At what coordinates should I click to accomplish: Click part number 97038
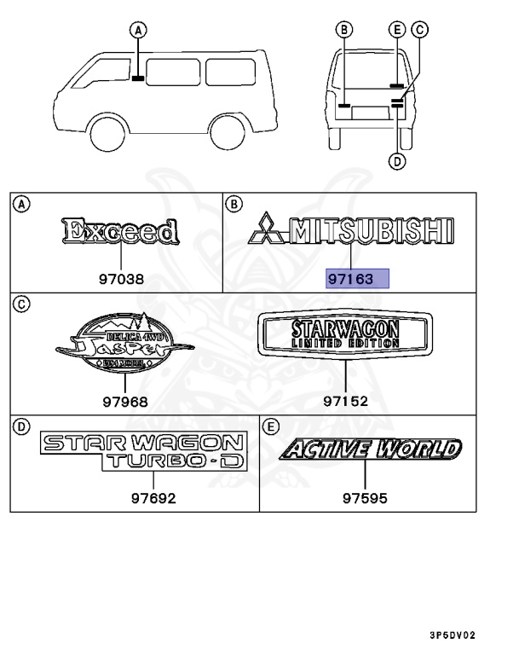[121, 278]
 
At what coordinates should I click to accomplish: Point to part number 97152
[346, 400]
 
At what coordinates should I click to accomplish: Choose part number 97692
[153, 499]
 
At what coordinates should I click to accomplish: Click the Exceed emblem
[120, 231]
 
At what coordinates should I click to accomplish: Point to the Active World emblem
[372, 449]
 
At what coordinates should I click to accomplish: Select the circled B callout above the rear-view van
[344, 29]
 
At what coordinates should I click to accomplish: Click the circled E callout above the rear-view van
[397, 29]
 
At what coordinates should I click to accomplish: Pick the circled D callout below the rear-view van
[397, 159]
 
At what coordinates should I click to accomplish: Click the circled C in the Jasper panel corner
[22, 303]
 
